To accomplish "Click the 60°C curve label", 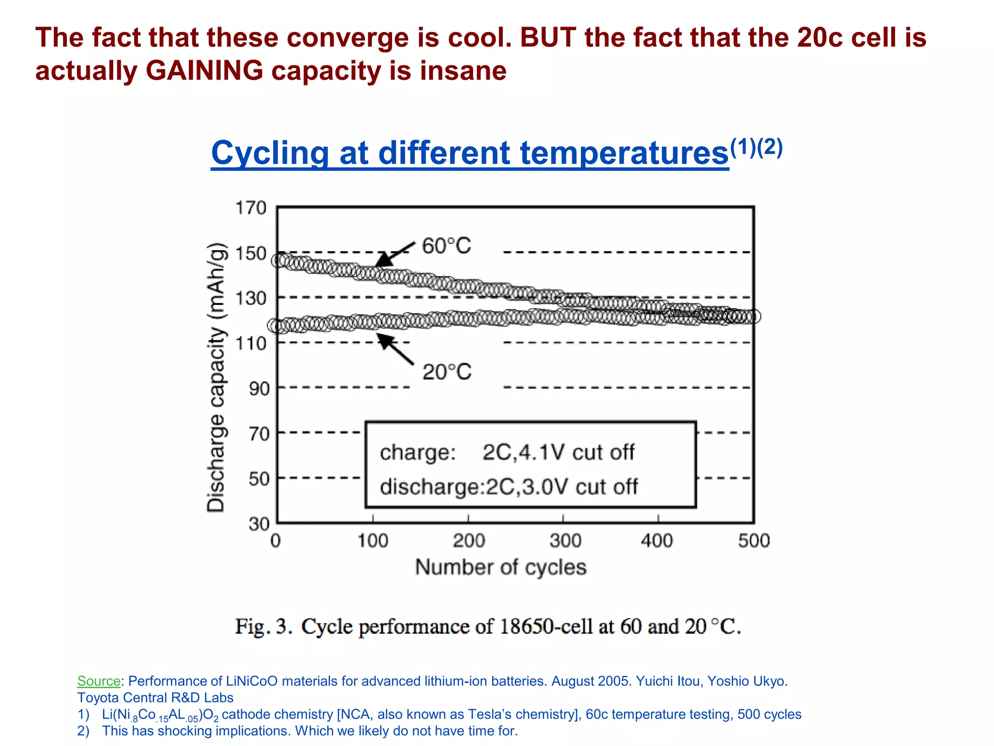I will click(x=447, y=246).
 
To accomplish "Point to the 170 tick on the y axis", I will click(x=251, y=208).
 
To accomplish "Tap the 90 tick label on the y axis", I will click(x=259, y=389).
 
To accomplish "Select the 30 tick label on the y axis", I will click(x=259, y=524).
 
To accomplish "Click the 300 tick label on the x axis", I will click(x=565, y=541).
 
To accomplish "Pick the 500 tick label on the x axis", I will click(x=754, y=541).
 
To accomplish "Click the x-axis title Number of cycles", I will click(x=501, y=567).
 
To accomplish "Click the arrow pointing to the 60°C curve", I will click(x=395, y=254).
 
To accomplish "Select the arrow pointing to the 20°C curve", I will click(x=396, y=348).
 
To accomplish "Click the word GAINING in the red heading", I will click(x=204, y=70).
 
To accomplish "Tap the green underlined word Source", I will click(x=99, y=681).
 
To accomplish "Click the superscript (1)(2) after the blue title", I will click(x=756, y=147).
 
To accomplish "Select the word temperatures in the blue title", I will click(x=624, y=153).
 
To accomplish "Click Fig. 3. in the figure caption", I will click(x=264, y=626).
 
